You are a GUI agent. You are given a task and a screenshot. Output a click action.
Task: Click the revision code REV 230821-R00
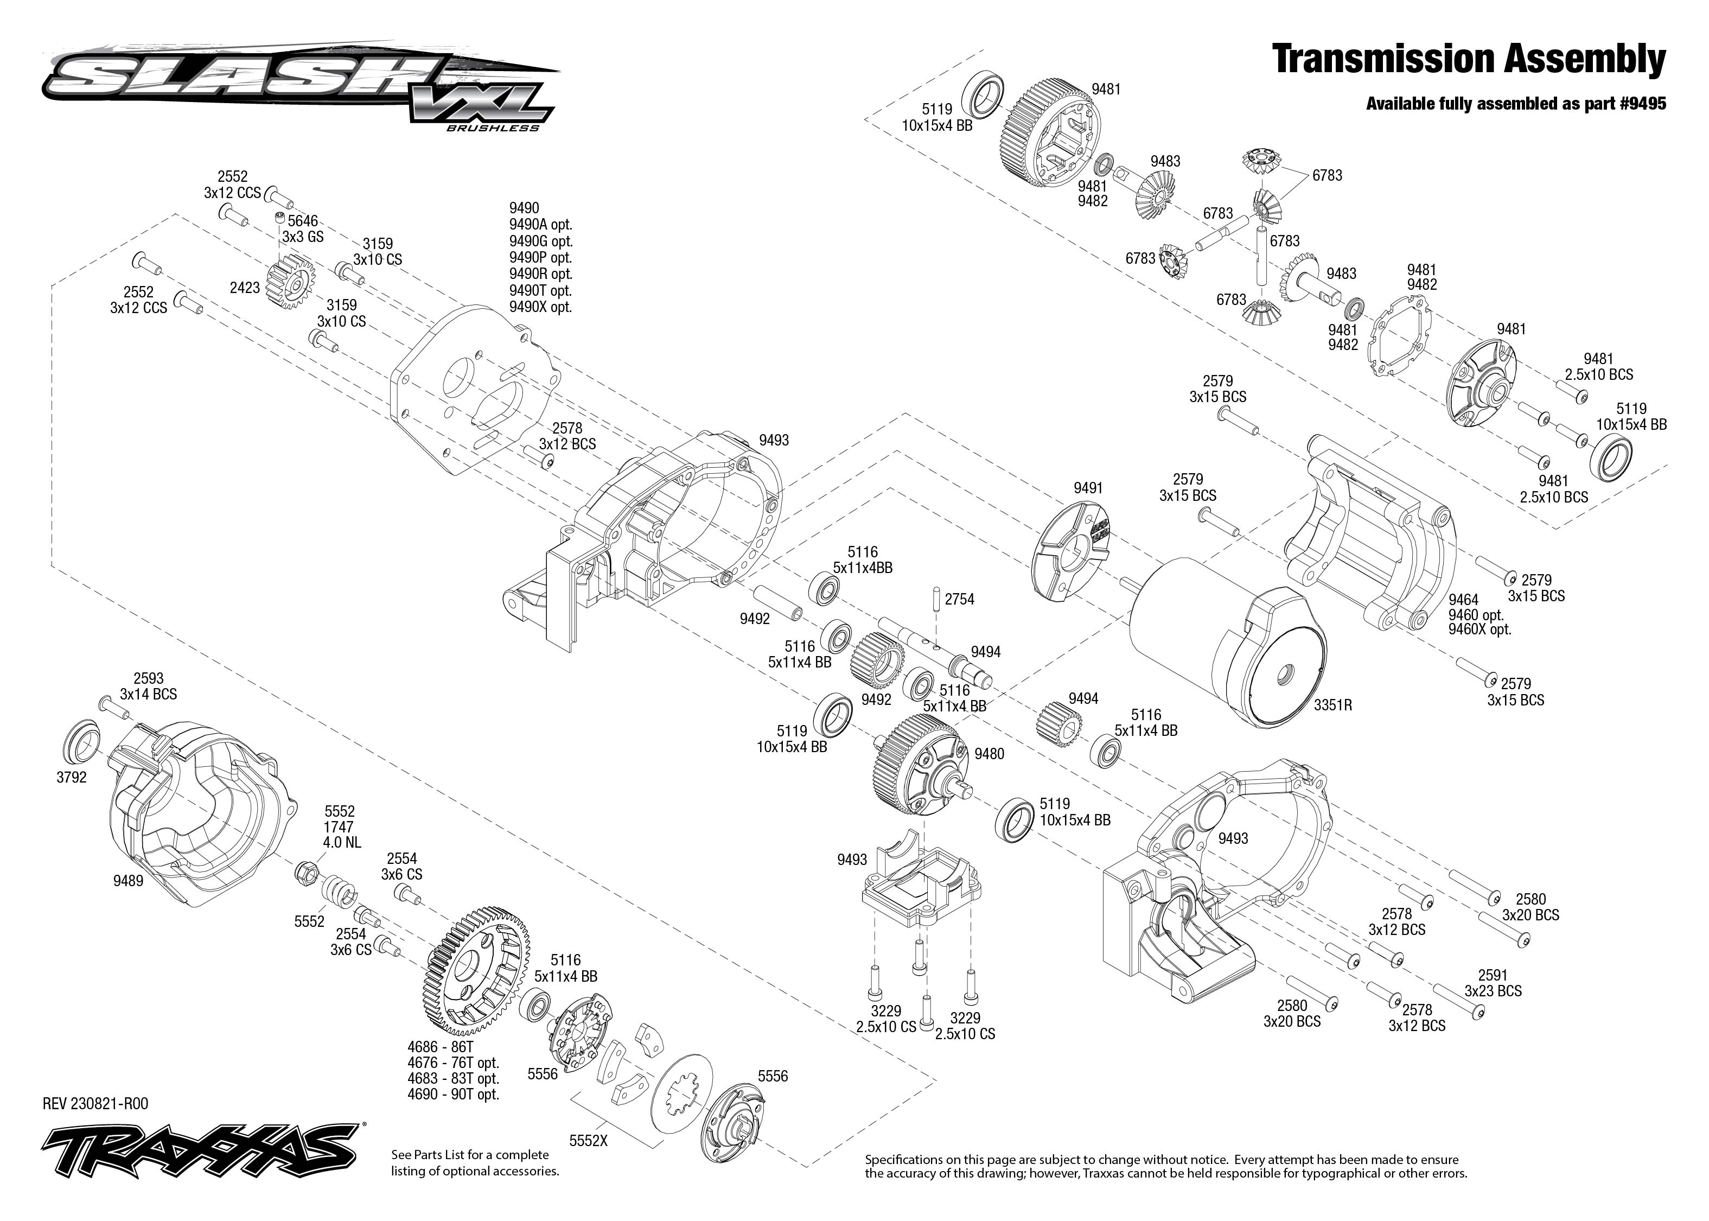pyautogui.click(x=95, y=1104)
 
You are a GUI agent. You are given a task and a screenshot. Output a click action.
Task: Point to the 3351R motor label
pyautogui.click(x=1333, y=705)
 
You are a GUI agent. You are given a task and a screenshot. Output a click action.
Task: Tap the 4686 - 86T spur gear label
pyautogui.click(x=441, y=1047)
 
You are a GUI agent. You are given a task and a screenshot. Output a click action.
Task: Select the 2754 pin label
pyautogui.click(x=959, y=599)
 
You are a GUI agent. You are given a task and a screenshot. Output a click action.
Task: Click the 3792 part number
pyautogui.click(x=72, y=778)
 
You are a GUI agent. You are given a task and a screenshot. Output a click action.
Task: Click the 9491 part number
pyautogui.click(x=1087, y=488)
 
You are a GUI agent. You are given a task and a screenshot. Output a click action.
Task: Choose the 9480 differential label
pyautogui.click(x=989, y=754)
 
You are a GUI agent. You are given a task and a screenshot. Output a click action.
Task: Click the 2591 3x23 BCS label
pyautogui.click(x=1493, y=983)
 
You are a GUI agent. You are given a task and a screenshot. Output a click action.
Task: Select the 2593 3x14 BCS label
pyautogui.click(x=148, y=686)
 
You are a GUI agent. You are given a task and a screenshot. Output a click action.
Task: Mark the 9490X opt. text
pyautogui.click(x=540, y=307)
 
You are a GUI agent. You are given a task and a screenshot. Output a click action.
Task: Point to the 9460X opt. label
pyautogui.click(x=1479, y=629)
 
